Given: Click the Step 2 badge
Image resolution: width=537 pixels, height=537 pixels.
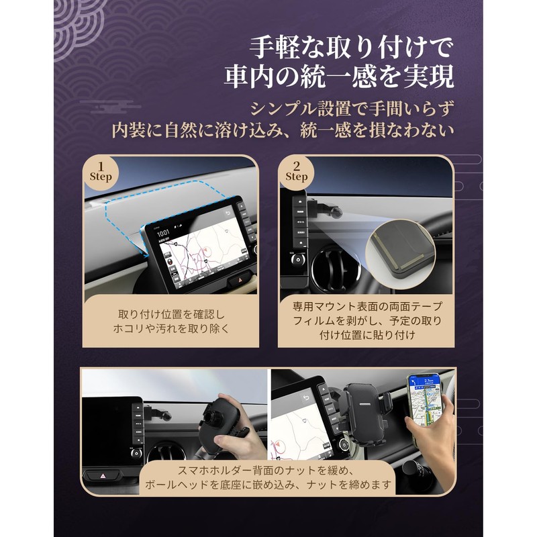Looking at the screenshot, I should [296, 172].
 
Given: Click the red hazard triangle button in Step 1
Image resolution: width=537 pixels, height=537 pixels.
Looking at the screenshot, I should [237, 279].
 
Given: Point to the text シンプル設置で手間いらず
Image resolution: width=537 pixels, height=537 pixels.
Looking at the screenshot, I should [351, 108].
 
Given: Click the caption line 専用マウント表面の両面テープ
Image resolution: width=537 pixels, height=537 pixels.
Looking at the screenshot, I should [367, 306].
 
